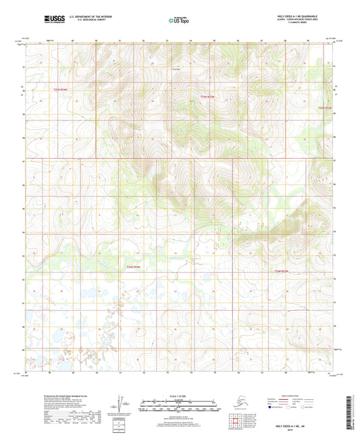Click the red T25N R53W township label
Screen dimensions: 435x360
coord(207,96)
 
